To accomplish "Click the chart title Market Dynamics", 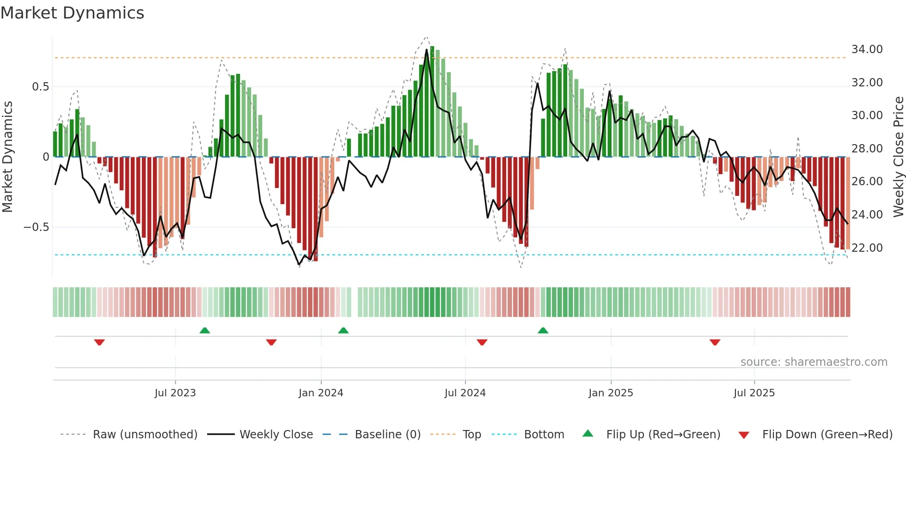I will [x=73, y=13].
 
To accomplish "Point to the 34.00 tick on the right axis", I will [x=867, y=49].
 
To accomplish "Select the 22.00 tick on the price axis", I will [x=867, y=248].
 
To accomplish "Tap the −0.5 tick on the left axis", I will [x=36, y=227].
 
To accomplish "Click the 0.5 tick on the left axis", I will [x=40, y=87].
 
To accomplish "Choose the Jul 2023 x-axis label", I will [x=175, y=393].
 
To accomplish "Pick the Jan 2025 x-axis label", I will [x=611, y=393].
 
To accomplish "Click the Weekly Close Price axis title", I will [x=898, y=157].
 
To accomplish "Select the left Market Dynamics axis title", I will [x=7, y=157].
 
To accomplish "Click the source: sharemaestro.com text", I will [x=814, y=362].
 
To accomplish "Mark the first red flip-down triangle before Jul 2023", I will [x=99, y=342].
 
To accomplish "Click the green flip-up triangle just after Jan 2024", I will [x=343, y=330].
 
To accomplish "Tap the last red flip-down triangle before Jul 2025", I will [x=715, y=342].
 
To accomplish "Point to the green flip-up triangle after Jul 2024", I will [x=543, y=330].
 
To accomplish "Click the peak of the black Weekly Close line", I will [x=427, y=49].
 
